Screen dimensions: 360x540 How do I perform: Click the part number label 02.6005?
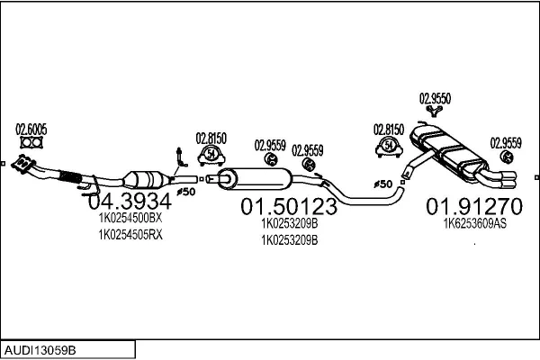[31, 128]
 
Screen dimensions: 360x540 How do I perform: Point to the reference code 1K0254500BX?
[130, 217]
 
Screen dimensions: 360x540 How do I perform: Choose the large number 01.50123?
[289, 207]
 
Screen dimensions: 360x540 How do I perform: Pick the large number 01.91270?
[473, 204]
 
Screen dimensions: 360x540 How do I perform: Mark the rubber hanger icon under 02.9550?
[436, 112]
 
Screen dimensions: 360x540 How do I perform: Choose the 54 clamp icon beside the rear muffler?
[389, 145]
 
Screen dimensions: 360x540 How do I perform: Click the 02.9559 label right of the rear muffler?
[505, 141]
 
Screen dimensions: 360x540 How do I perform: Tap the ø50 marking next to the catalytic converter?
[185, 192]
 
